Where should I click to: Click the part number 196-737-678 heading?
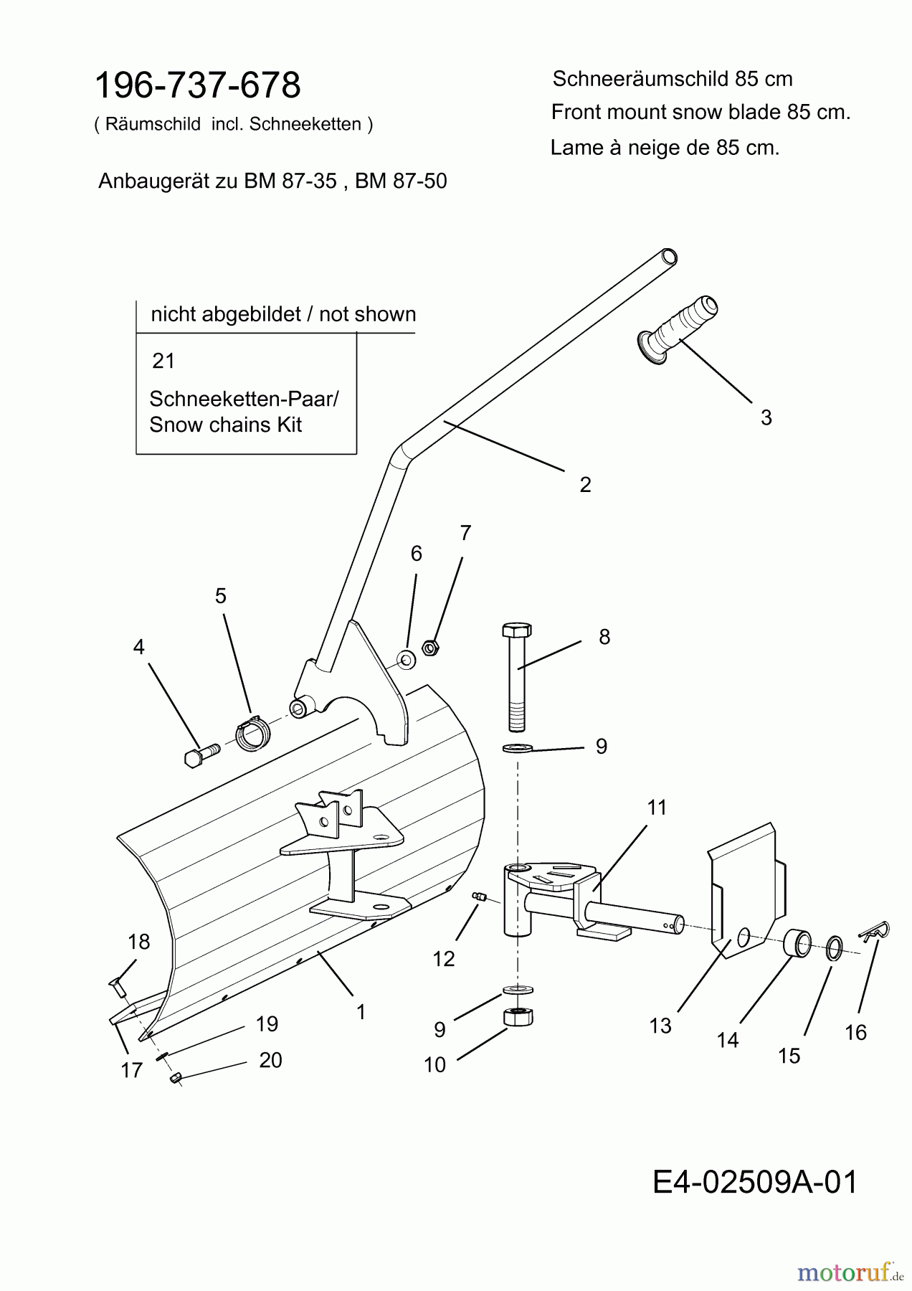(198, 85)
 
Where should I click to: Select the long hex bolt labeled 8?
(517, 674)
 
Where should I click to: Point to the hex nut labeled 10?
(518, 1017)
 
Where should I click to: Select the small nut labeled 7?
(430, 648)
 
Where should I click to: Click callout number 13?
(660, 1026)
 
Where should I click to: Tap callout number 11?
(657, 808)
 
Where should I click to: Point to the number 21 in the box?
(163, 361)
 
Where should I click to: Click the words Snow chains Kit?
(225, 425)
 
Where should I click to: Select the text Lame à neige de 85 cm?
(665, 148)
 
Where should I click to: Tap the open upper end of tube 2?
(668, 256)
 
